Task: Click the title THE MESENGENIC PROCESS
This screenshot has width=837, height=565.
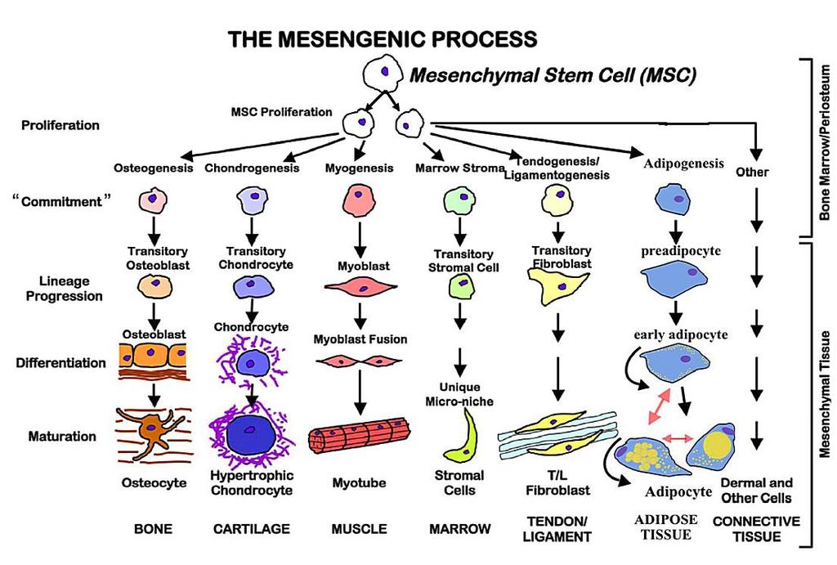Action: pyautogui.click(x=383, y=39)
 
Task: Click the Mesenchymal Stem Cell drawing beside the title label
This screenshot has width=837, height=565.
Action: pyautogui.click(x=383, y=73)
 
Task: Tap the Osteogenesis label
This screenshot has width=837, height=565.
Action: pyautogui.click(x=153, y=168)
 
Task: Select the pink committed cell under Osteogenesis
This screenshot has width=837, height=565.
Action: pyautogui.click(x=153, y=201)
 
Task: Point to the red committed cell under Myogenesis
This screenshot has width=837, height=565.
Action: pyautogui.click(x=359, y=200)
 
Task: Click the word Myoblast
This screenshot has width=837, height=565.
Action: pyautogui.click(x=364, y=266)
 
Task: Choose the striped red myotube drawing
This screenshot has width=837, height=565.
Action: pyautogui.click(x=360, y=435)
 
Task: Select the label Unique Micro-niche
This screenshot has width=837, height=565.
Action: pyautogui.click(x=459, y=394)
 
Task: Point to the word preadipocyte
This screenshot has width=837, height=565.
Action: pyautogui.click(x=681, y=251)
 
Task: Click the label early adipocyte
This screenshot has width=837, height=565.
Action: pyautogui.click(x=681, y=335)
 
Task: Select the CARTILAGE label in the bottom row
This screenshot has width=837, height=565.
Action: pyautogui.click(x=252, y=529)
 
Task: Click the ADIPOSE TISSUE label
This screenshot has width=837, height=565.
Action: pyautogui.click(x=665, y=527)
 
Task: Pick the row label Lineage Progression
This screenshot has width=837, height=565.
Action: pyautogui.click(x=64, y=289)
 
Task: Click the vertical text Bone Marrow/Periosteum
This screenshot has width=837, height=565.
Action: pyautogui.click(x=825, y=142)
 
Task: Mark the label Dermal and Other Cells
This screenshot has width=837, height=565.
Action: pyautogui.click(x=756, y=491)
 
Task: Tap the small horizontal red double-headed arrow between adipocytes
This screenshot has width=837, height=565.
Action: pyautogui.click(x=678, y=438)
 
